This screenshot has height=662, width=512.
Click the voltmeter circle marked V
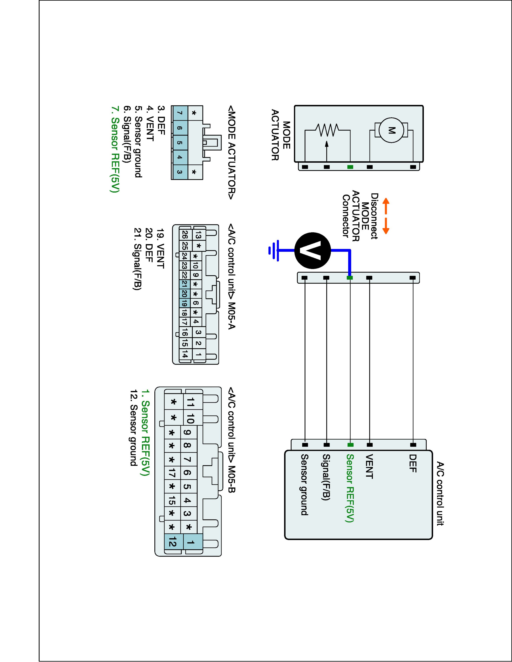(312, 250)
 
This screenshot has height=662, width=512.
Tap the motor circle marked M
(391, 130)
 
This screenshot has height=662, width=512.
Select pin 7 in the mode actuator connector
(180, 113)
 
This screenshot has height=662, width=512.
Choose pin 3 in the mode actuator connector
(180, 172)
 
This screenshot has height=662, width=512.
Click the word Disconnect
(374, 216)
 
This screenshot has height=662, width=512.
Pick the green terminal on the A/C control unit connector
(350, 445)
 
